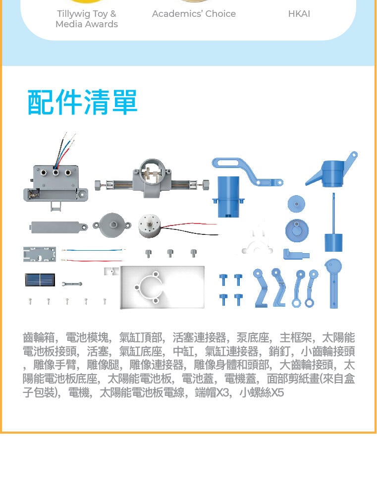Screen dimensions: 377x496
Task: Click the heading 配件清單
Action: coord(82,102)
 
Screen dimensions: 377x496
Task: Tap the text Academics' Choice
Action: coord(194,13)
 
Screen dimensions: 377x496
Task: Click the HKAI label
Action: coord(299,13)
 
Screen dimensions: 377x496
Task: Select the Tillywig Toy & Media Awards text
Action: coord(87,19)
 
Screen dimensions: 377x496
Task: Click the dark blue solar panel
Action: coord(40,280)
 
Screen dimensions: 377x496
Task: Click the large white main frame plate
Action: coord(162,287)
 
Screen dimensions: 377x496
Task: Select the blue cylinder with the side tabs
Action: coord(228,196)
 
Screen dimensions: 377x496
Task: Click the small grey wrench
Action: coord(72,284)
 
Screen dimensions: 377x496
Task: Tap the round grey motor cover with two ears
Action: coord(112,225)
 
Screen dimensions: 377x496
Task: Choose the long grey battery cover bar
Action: coord(58,227)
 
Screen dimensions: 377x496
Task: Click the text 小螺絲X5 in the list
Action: coord(262,392)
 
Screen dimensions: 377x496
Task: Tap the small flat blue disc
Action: coord(296,204)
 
